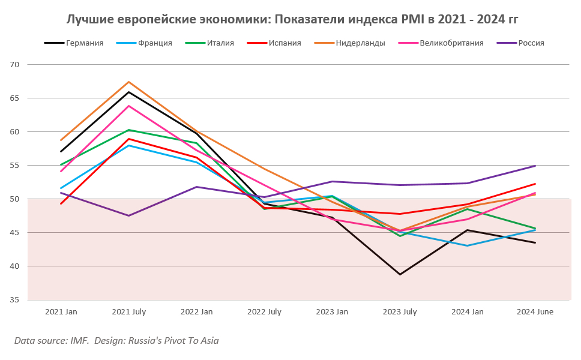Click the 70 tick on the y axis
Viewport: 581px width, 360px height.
[15, 64]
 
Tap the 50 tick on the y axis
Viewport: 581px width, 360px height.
[15, 199]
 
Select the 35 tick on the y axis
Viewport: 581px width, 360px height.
[15, 299]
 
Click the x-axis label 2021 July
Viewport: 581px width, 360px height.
[128, 312]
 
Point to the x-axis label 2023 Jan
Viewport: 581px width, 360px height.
[331, 312]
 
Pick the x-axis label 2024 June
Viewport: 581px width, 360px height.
[535, 312]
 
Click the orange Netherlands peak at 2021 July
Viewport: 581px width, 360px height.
[128, 82]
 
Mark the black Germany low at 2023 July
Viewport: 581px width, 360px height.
[400, 274]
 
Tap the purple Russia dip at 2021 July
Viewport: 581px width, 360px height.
[128, 215]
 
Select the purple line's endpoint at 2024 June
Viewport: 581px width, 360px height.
[535, 166]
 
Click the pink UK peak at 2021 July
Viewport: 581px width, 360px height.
[128, 106]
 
